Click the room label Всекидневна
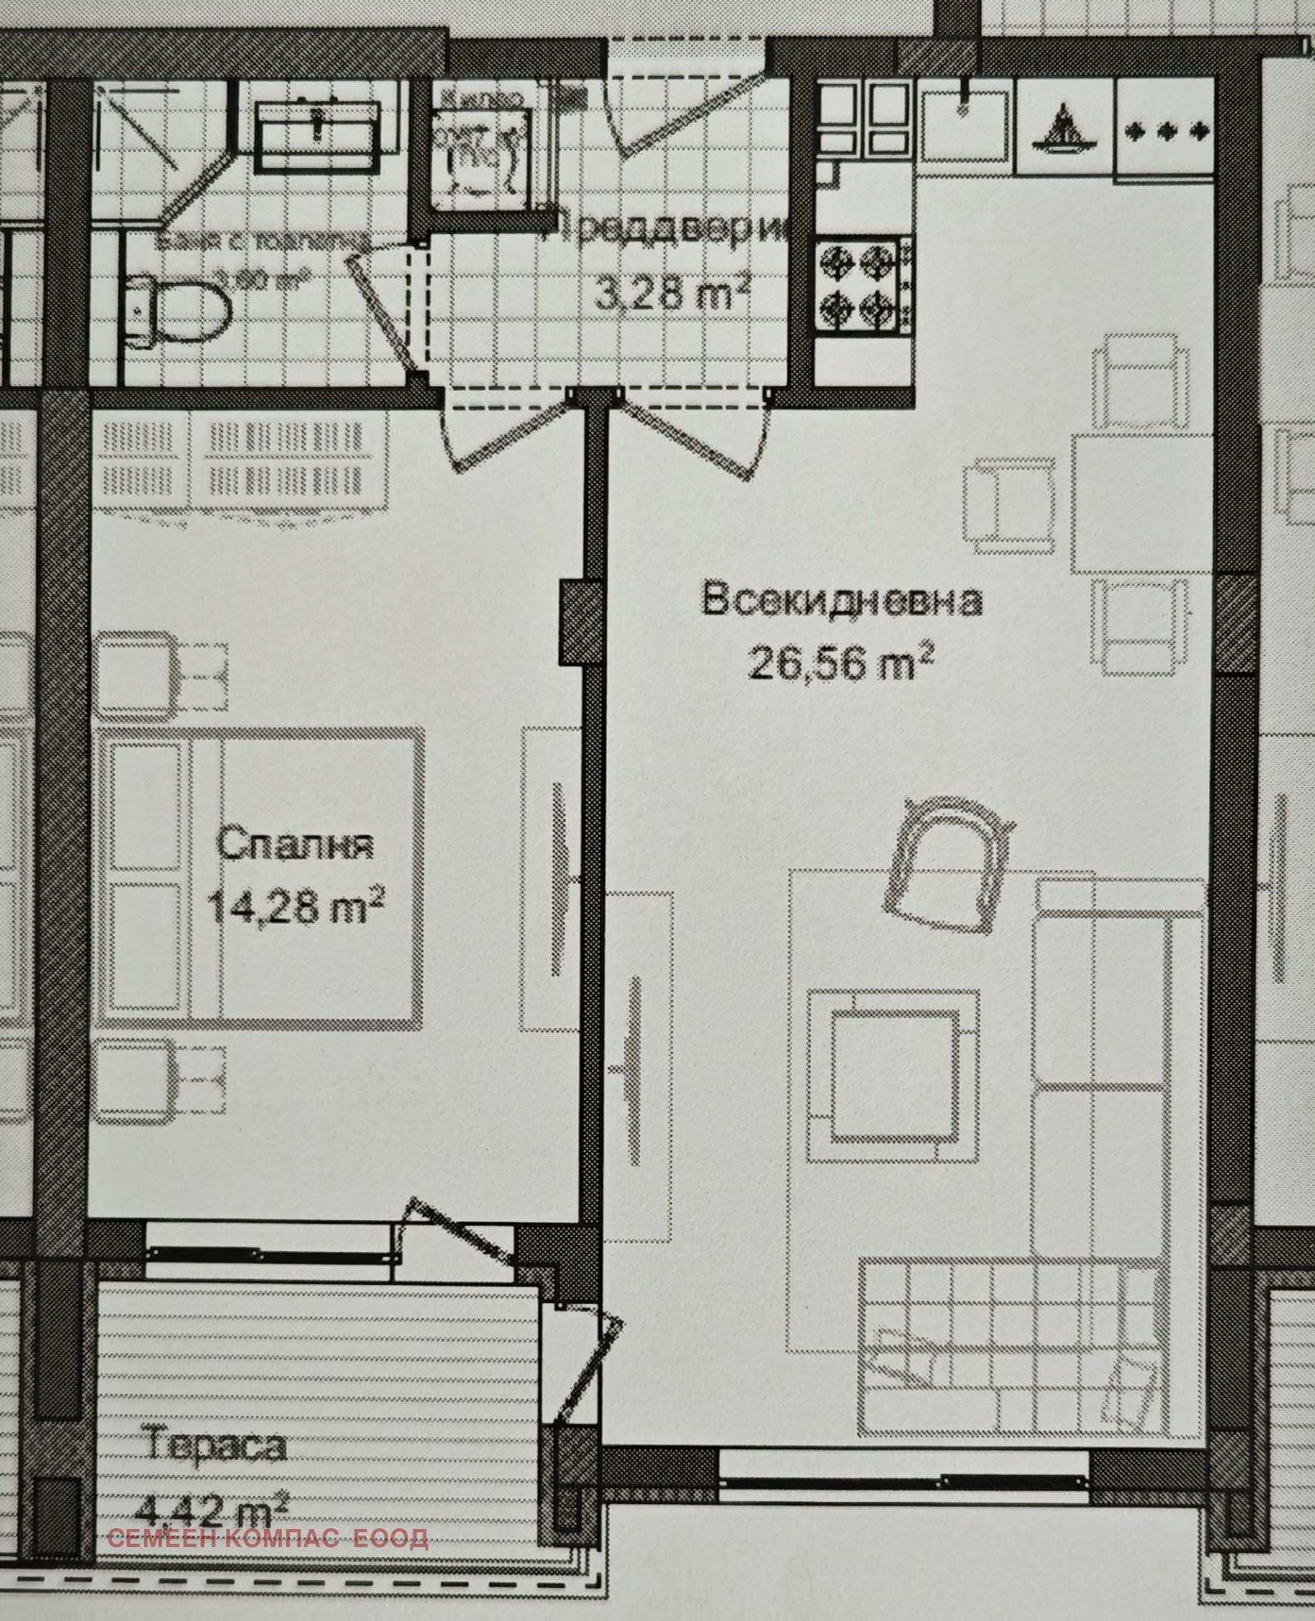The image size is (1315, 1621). pos(841,601)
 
